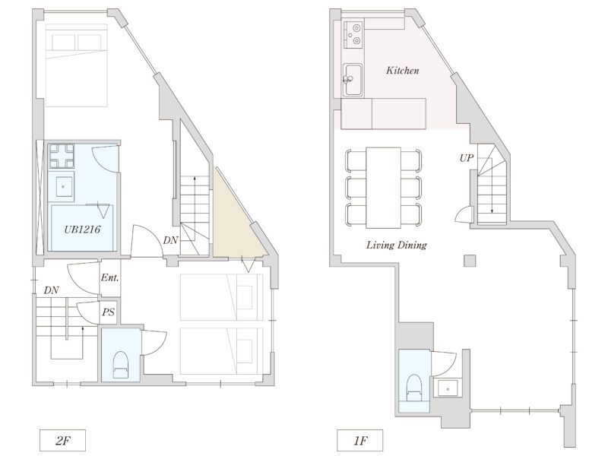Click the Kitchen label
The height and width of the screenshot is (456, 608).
pos(402,71)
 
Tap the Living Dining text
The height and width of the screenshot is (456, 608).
pos(396,245)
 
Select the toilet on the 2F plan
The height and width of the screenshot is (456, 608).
pos(120,364)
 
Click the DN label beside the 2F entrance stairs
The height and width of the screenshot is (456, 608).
pos(52,290)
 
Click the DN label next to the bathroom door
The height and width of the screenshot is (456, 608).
pos(172,241)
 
